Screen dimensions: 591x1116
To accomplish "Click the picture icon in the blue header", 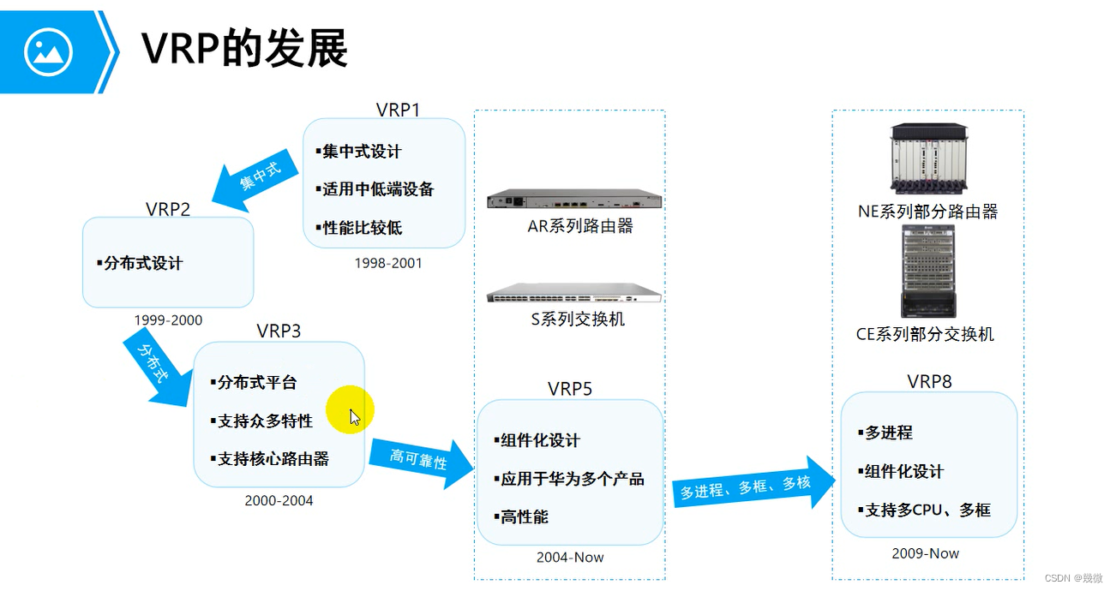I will (49, 52).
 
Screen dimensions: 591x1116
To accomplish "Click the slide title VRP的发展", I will (244, 50).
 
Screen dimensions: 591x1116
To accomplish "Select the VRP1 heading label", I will (398, 110).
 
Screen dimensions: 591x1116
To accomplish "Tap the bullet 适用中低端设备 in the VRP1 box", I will (375, 189).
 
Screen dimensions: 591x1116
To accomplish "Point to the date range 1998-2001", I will (388, 263).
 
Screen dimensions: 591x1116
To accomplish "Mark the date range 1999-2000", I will (168, 320).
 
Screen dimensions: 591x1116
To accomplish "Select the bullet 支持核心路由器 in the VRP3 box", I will (269, 459).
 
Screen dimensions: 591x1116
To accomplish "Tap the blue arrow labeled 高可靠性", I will (421, 462).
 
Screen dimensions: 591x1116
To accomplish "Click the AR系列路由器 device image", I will (573, 200).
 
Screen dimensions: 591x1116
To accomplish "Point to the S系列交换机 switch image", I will (573, 294).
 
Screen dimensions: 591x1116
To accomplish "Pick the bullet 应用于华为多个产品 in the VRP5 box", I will (568, 479).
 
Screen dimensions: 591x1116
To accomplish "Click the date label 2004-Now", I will (570, 558).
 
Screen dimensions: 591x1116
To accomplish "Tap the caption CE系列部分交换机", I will (925, 335).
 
